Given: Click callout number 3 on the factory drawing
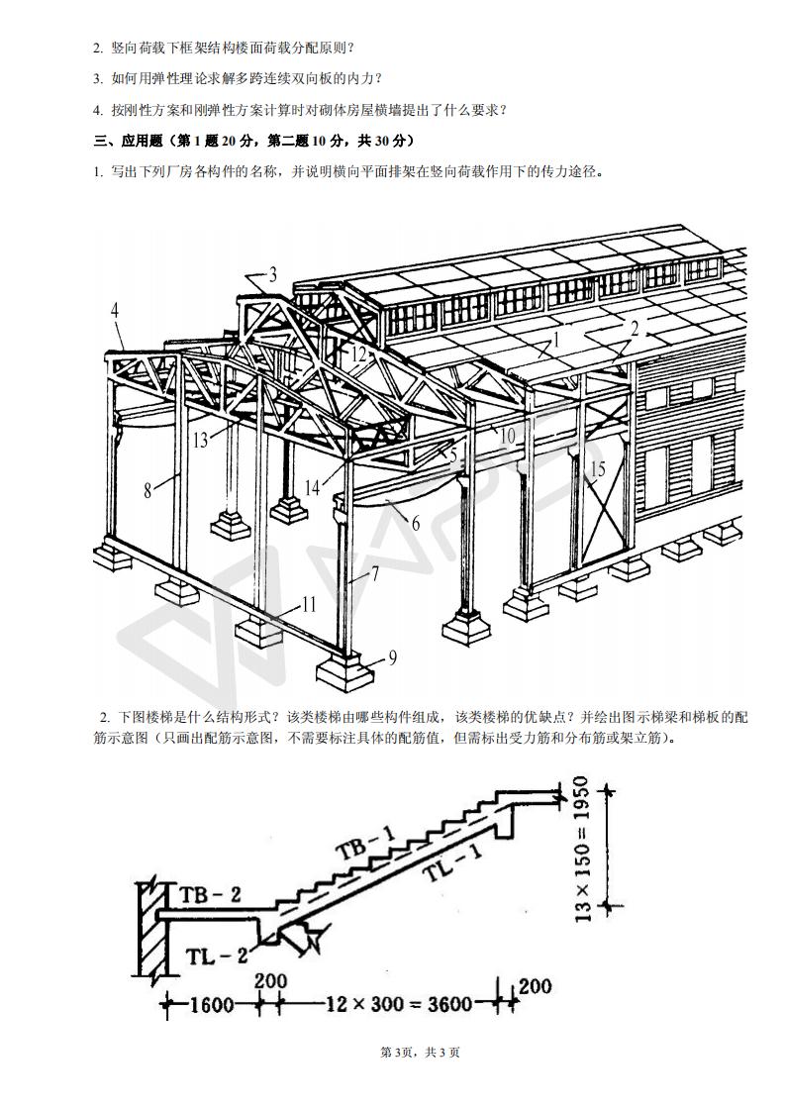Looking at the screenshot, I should point(273,274).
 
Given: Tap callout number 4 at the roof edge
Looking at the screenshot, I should point(115,310).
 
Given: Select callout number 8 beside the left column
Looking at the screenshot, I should point(147,489).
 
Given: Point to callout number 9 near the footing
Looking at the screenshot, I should point(393,656).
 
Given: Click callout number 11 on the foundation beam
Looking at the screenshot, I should point(310,603).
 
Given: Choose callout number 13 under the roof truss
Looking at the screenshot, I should point(201,440).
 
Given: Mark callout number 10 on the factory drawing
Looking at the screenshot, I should point(507,435).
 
